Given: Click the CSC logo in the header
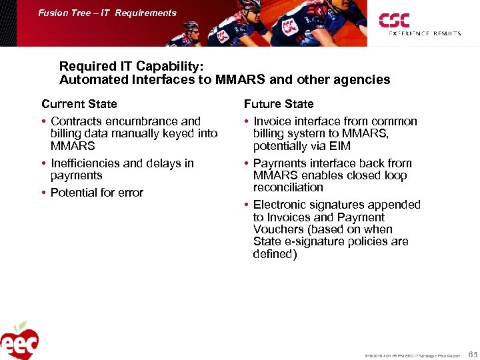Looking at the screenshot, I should click(x=395, y=20).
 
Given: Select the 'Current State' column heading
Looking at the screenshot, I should click(x=79, y=104).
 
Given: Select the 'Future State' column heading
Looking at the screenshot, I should click(x=279, y=104).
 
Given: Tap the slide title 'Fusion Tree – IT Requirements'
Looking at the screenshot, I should click(x=107, y=13).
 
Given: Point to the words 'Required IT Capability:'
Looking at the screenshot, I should click(x=131, y=67).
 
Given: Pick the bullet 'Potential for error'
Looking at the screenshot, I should click(x=97, y=193).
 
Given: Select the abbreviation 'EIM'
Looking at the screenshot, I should click(x=339, y=146).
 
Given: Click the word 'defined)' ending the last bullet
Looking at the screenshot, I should click(x=275, y=254).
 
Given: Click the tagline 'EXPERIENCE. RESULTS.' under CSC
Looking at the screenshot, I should click(x=425, y=33).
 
